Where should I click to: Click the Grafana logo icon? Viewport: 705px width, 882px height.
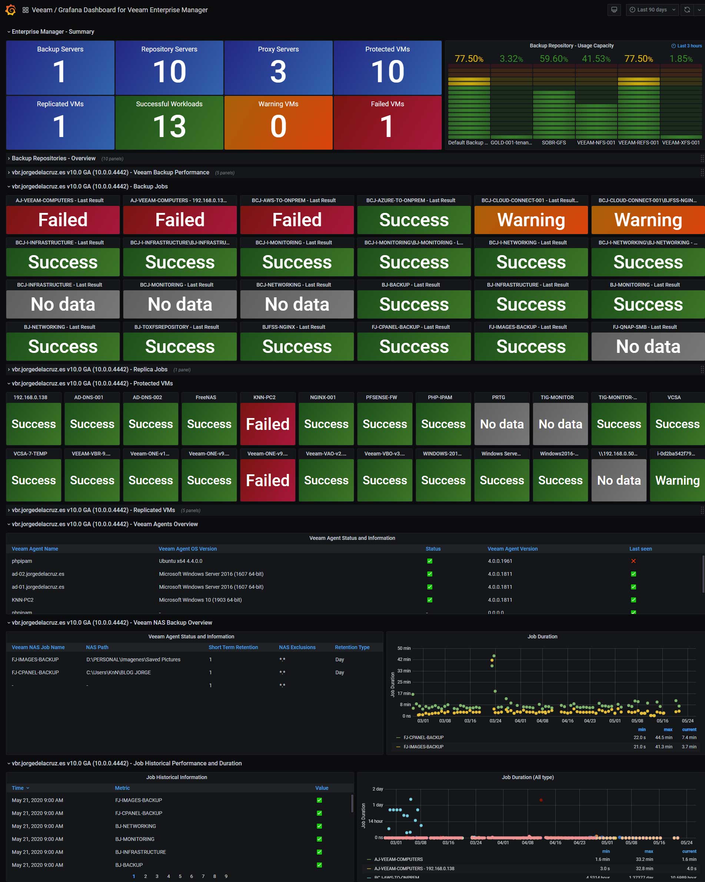coord(11,10)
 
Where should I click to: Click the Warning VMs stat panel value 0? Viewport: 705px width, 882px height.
coord(278,126)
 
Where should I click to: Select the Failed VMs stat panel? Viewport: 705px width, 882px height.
coord(387,122)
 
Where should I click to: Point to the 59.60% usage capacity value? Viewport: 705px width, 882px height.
coord(553,59)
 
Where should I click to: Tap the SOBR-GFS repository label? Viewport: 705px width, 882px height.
coord(553,143)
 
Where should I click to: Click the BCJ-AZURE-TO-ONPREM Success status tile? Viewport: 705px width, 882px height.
coord(414,220)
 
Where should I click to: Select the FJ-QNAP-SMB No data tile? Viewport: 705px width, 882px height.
coord(648,347)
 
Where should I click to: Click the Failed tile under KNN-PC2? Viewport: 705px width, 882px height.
coord(267,424)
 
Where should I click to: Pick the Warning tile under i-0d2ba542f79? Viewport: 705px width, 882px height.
coord(677,480)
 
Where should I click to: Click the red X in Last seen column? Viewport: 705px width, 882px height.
coord(633,561)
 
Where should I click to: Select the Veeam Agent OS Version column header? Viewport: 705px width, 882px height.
coord(187,549)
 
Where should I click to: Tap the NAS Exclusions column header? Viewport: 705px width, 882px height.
coord(297,647)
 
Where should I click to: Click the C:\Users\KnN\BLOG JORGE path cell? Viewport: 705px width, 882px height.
coord(118,672)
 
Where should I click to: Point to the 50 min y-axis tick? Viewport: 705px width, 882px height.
coord(404,648)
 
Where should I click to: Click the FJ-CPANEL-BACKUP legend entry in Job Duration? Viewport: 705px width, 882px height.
coord(423,738)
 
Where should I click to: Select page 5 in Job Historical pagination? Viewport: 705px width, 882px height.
coord(180,876)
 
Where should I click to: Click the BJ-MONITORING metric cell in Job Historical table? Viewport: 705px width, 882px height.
coord(135,839)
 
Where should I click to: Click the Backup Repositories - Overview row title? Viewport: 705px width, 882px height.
coord(54,158)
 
